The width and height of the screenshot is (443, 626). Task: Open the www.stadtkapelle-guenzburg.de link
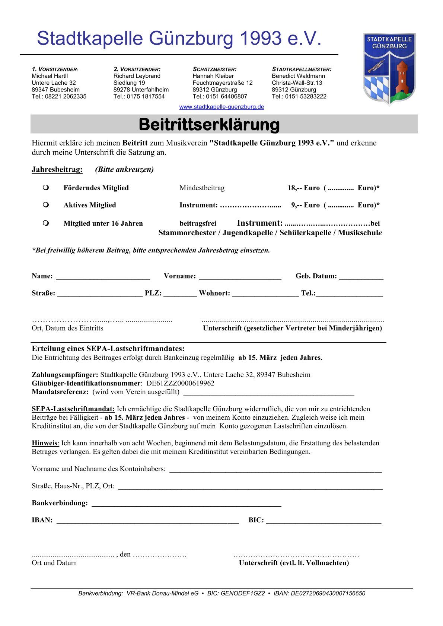pyautogui.click(x=221, y=107)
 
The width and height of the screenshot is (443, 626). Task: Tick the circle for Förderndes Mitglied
pyautogui.click(x=46, y=187)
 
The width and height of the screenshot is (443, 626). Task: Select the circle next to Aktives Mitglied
pyautogui.click(x=46, y=204)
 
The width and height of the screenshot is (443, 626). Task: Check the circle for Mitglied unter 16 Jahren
pyautogui.click(x=46, y=223)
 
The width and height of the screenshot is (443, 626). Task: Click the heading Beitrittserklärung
pyautogui.click(x=209, y=125)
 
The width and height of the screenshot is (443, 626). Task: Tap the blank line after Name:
pyautogui.click(x=103, y=277)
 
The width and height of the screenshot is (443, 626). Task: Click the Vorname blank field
pyautogui.click(x=240, y=277)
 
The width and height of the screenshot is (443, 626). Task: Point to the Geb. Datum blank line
pyautogui.click(x=361, y=277)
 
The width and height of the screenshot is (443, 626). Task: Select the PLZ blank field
pyautogui.click(x=180, y=294)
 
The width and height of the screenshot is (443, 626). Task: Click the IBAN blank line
pyautogui.click(x=147, y=521)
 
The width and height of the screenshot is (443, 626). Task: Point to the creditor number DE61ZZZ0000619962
pyautogui.click(x=181, y=383)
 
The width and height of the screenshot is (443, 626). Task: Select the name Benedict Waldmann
pyautogui.click(x=298, y=76)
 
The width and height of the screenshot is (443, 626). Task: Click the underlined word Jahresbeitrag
pyautogui.click(x=57, y=170)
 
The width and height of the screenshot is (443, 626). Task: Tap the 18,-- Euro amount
pyautogui.click(x=303, y=188)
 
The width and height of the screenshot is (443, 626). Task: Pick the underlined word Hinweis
pyautogui.click(x=45, y=443)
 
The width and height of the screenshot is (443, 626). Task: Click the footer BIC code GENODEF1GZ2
pyautogui.click(x=243, y=593)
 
